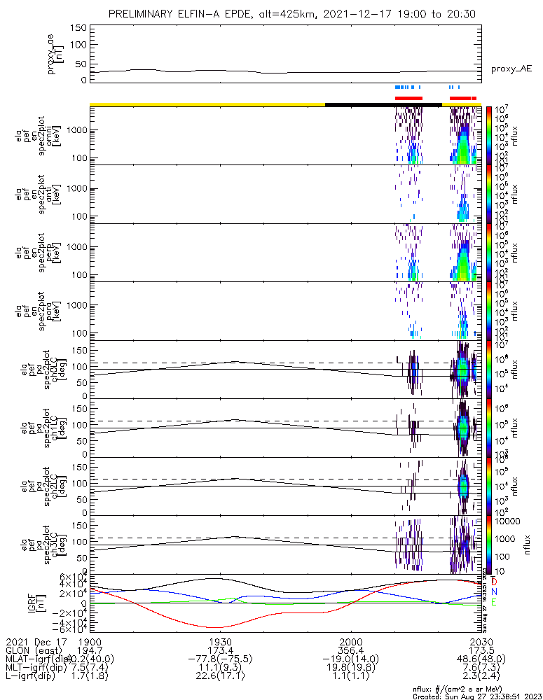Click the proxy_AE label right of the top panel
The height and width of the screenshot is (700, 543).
511,69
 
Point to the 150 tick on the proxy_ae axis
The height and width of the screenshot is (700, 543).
78,27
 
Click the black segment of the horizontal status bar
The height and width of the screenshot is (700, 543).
383,104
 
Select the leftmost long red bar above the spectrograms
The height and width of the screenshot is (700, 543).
409,98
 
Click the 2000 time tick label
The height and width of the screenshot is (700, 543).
351,641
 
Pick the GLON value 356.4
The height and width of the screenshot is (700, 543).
351,650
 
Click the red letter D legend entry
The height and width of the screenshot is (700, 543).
495,582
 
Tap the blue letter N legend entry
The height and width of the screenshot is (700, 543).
495,591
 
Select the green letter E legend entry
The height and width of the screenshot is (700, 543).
495,602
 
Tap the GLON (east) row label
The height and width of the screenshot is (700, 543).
34,650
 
